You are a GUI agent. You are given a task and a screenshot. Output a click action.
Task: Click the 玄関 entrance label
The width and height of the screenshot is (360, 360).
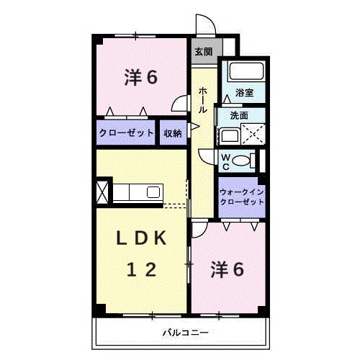(x=203, y=52)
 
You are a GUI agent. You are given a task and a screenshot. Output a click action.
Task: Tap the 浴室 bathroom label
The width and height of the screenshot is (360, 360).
(x=245, y=93)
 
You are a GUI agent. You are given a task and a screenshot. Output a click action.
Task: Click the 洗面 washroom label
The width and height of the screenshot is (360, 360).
(x=240, y=115)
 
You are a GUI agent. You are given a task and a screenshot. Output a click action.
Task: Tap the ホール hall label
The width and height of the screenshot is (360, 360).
(x=203, y=100)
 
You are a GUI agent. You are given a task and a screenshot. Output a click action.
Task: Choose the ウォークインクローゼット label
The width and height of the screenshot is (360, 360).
(x=242, y=197)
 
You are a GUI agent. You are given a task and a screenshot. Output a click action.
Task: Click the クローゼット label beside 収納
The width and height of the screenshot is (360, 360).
(x=126, y=133)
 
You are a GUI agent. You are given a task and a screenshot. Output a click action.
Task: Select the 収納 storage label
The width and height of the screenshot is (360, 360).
(x=172, y=133)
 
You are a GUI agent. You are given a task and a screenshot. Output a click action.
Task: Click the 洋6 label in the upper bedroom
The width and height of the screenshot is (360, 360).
(x=140, y=78)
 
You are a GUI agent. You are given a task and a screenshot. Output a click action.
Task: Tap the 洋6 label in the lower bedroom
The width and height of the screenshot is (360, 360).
(x=227, y=270)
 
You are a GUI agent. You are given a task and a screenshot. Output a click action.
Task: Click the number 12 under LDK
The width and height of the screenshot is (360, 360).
(x=142, y=270)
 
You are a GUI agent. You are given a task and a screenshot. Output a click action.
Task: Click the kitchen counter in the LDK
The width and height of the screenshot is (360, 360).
(x=138, y=193)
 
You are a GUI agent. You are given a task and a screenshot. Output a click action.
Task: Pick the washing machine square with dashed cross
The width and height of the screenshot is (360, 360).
(x=253, y=135)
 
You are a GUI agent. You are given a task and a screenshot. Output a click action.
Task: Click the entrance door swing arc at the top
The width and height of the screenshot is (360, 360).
(x=207, y=24)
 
